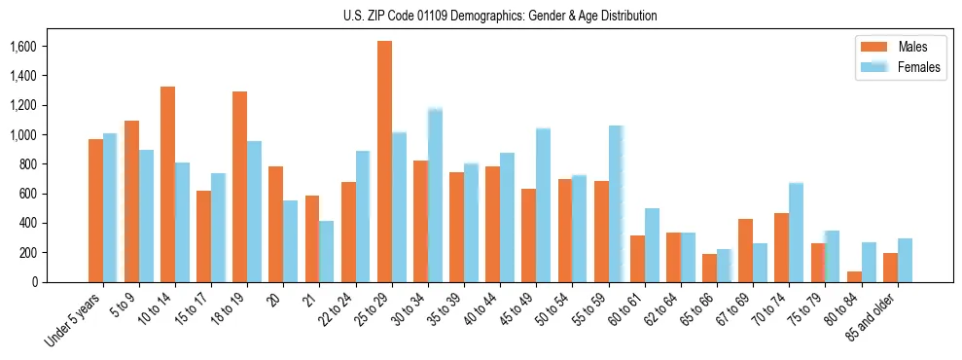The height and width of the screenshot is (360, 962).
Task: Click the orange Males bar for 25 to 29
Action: [384, 162]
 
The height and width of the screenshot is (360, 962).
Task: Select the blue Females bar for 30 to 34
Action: [435, 196]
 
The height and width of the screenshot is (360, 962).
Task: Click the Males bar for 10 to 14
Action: [167, 184]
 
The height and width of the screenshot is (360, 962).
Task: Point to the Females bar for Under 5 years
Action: [110, 208]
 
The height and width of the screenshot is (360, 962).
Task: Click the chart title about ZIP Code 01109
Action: [500, 16]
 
